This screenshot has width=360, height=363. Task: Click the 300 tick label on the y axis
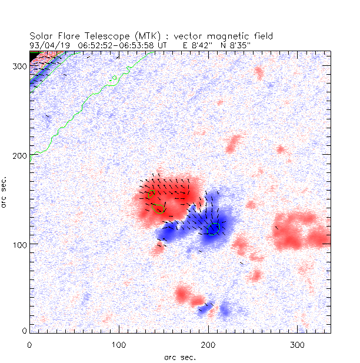pos(19,66)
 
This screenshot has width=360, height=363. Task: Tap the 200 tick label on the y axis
pos(19,155)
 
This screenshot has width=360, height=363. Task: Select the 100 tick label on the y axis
pos(19,244)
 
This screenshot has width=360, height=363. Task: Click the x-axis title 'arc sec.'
pos(180,357)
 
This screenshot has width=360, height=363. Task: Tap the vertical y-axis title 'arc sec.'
pos(6,191)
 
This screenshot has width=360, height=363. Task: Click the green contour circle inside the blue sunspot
pos(214,228)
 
